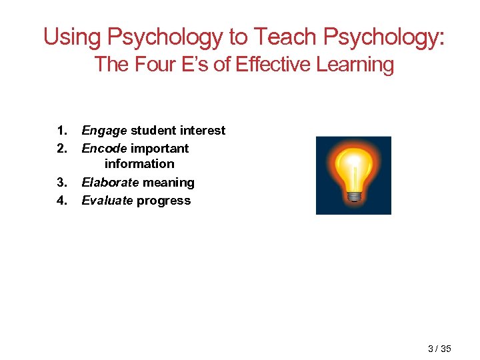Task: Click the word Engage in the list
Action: tap(104, 131)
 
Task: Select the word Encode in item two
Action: tap(104, 149)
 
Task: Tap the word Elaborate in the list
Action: tap(109, 183)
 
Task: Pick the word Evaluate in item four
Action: tap(107, 201)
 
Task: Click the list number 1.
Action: tap(61, 131)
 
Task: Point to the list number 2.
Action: tap(61, 149)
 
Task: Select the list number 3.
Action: tap(61, 183)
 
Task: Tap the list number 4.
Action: tap(61, 201)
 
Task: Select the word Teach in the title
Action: tap(284, 37)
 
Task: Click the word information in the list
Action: tap(139, 164)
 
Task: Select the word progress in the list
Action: tap(163, 201)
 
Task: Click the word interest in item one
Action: tap(203, 131)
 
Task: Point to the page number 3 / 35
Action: tap(439, 349)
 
